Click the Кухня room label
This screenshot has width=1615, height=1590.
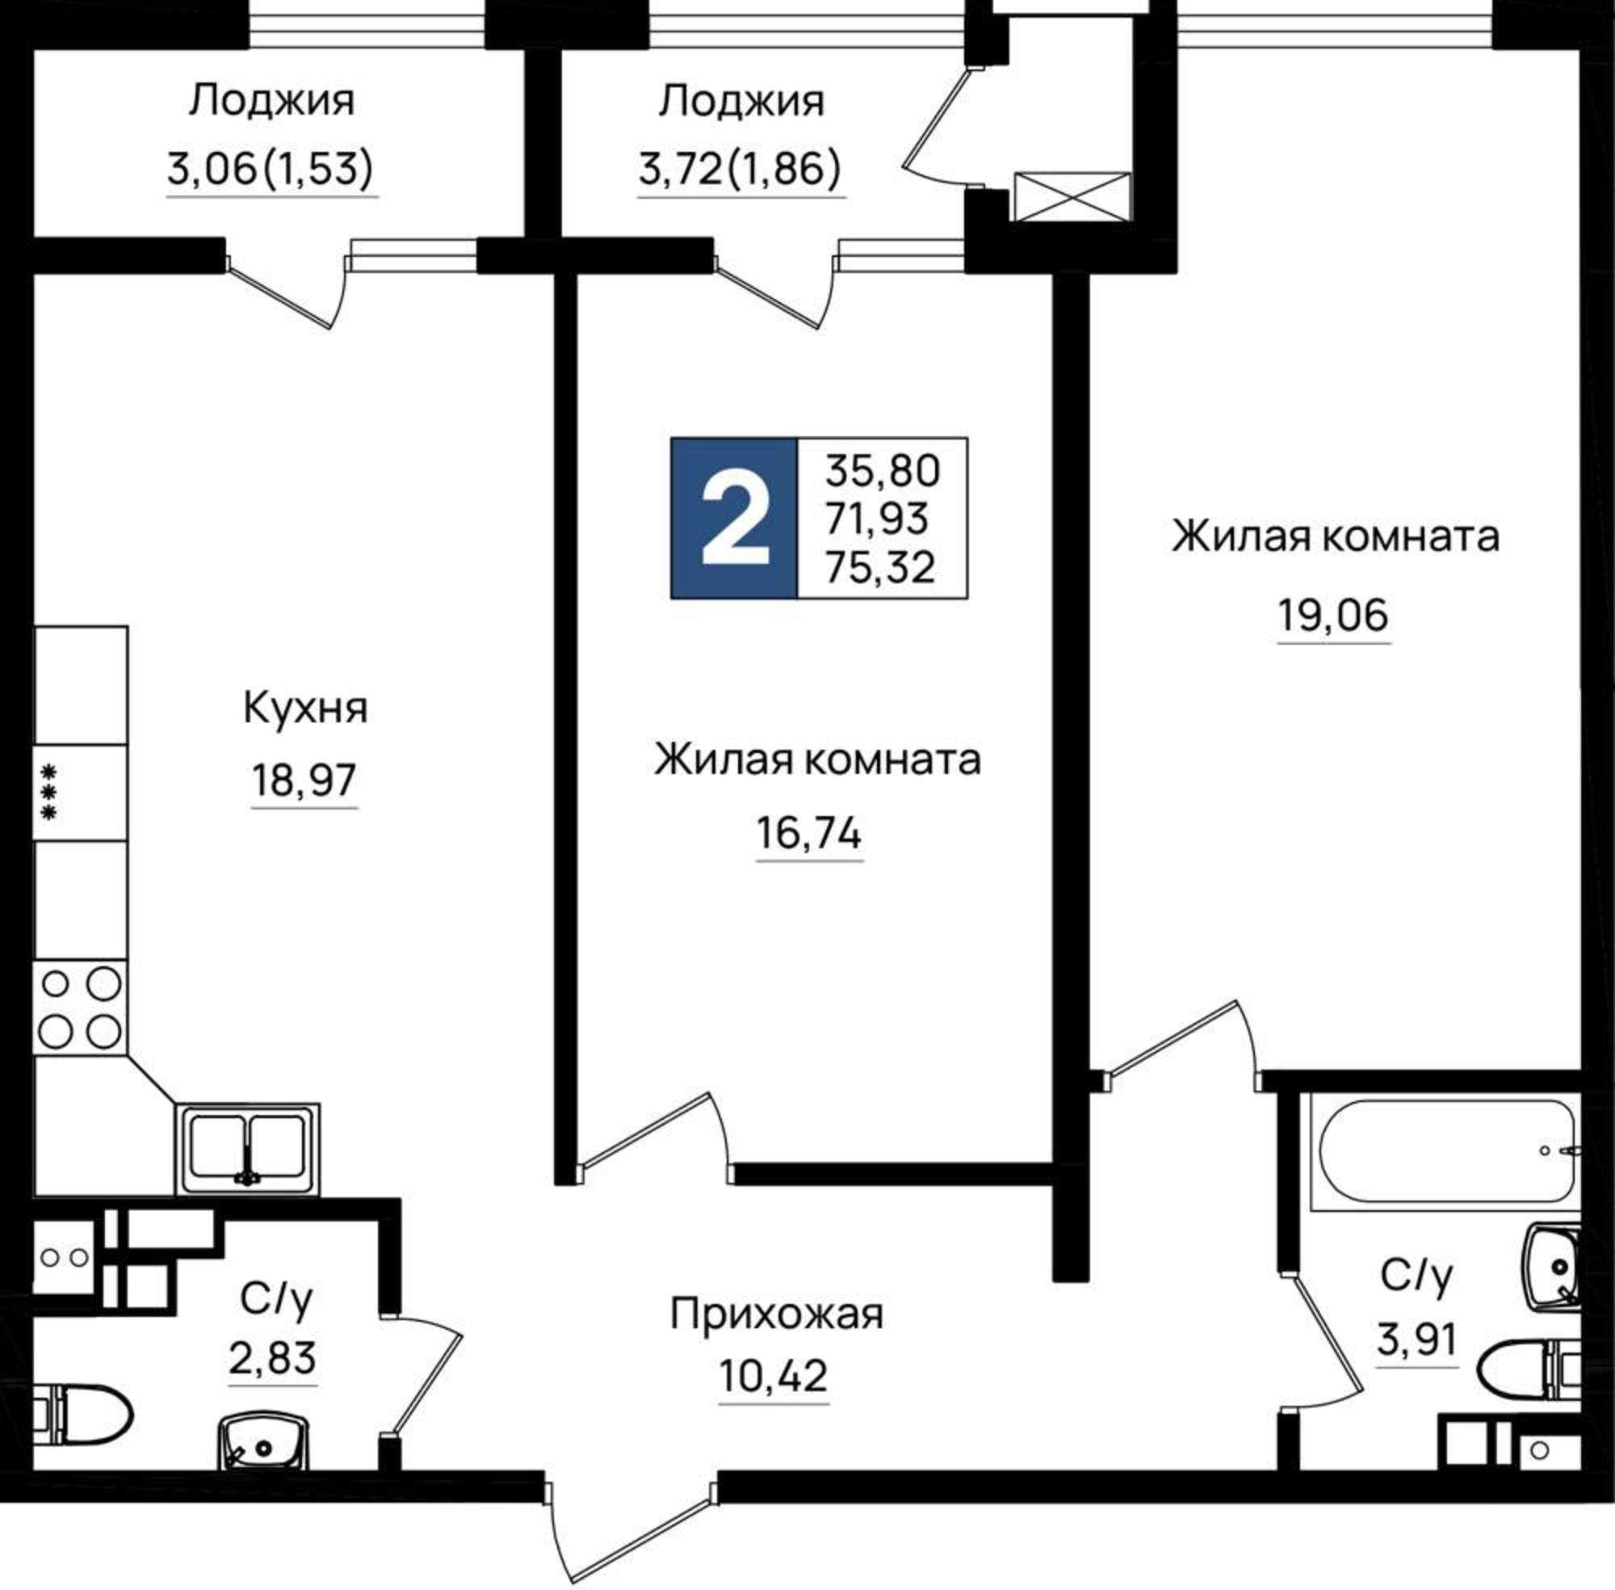304,709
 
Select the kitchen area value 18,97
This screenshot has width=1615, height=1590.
304,780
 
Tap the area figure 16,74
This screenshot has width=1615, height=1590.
809,834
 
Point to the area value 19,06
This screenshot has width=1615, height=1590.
1333,616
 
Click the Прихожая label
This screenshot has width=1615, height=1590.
776,1314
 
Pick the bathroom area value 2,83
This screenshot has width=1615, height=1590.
272,1359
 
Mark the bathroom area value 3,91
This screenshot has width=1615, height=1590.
1416,1340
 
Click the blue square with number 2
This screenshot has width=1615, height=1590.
734,518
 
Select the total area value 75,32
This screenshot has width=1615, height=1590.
879,568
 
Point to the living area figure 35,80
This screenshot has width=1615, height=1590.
883,471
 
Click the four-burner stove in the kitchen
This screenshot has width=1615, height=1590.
80,1008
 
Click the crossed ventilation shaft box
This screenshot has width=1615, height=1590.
1072,197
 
